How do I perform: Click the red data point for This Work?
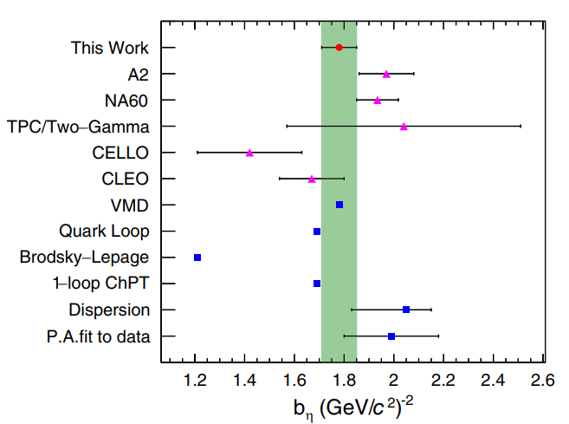(339, 48)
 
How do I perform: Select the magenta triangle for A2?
(386, 74)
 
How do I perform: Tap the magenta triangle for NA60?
(378, 100)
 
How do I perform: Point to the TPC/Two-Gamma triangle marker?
(404, 126)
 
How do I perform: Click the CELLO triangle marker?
(249, 152)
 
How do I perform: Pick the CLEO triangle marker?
(312, 179)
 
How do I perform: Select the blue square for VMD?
(339, 205)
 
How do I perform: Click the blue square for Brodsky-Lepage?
(197, 258)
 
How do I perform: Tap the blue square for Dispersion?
(406, 310)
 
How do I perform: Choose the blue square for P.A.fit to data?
(391, 336)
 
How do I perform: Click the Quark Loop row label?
(104, 231)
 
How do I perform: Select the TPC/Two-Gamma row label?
(78, 127)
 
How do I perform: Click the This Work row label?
(110, 48)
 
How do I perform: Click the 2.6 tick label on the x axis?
(543, 378)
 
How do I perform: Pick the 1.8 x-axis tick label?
(345, 378)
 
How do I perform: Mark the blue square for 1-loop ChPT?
(317, 284)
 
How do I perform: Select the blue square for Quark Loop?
(317, 232)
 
